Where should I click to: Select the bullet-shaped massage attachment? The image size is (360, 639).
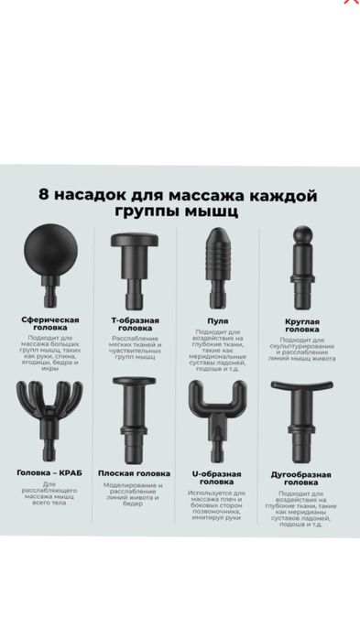(218, 265)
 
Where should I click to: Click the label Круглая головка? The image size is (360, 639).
(301, 327)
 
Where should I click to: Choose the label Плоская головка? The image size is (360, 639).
(136, 473)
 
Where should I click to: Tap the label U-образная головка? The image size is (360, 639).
(218, 477)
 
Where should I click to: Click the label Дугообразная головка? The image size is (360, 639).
(301, 478)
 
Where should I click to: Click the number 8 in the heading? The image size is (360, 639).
(44, 195)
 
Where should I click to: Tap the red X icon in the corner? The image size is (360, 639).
(349, 3)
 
